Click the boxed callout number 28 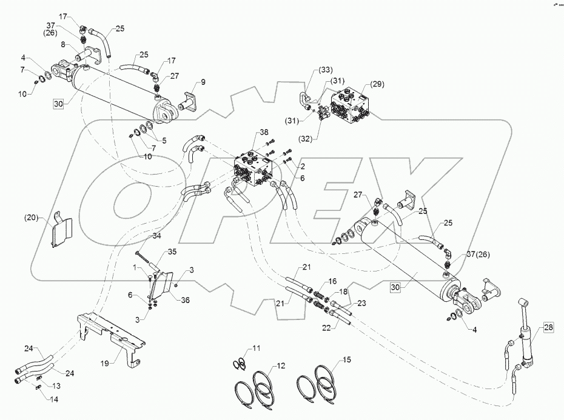(548, 328)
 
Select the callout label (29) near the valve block (361, 83)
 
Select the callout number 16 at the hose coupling (332, 282)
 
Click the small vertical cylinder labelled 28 (525, 333)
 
